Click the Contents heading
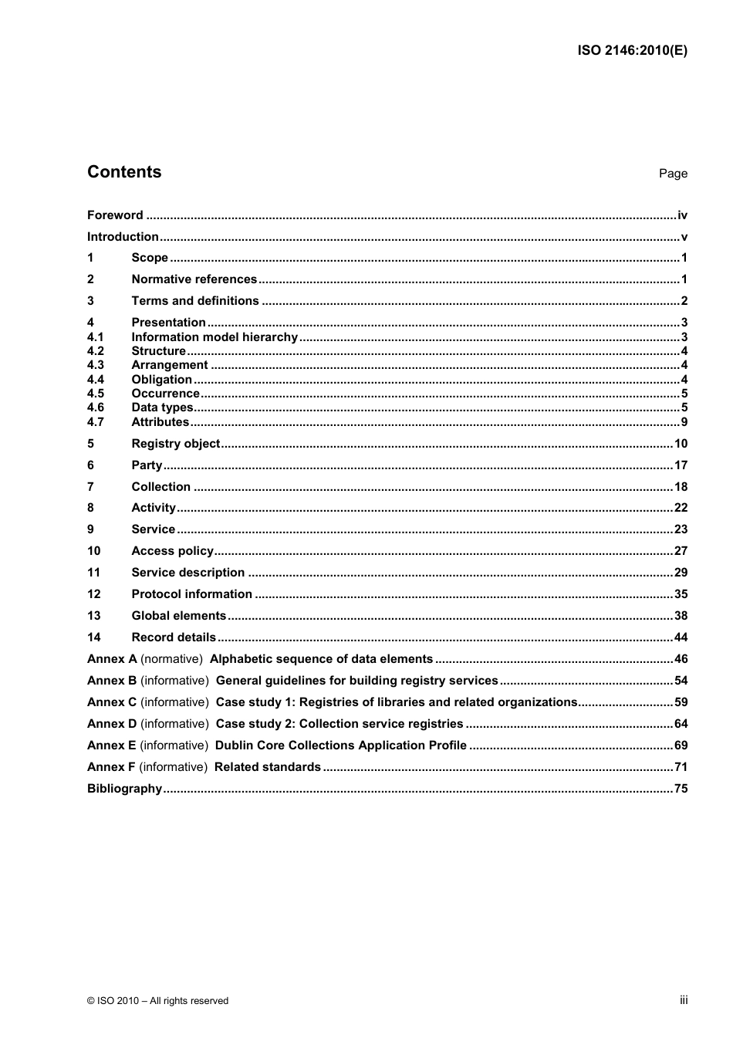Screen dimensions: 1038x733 tap(124, 172)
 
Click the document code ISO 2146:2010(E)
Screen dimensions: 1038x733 tap(632, 51)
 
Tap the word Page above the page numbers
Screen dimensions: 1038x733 tap(673, 174)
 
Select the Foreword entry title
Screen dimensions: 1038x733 tap(115, 215)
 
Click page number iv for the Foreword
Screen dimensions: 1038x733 tap(682, 215)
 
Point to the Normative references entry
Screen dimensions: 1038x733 tap(194, 279)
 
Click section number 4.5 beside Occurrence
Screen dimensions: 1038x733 tap(96, 394)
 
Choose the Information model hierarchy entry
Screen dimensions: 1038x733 tap(214, 337)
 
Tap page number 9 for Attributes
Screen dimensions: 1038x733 tap(684, 422)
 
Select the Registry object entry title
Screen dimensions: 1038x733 tap(175, 444)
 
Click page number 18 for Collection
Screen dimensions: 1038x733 tap(681, 487)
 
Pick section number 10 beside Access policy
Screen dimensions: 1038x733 tap(94, 551)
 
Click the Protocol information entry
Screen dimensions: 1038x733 tap(191, 594)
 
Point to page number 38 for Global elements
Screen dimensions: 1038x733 tap(681, 616)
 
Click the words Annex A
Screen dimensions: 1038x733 tap(112, 659)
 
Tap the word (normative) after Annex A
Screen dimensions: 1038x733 tap(171, 659)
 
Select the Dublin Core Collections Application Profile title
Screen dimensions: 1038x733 tap(340, 746)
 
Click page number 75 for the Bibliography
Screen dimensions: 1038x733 tap(681, 789)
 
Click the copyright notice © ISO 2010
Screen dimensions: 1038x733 tap(157, 1001)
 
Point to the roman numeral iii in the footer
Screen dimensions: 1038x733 tap(684, 1000)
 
